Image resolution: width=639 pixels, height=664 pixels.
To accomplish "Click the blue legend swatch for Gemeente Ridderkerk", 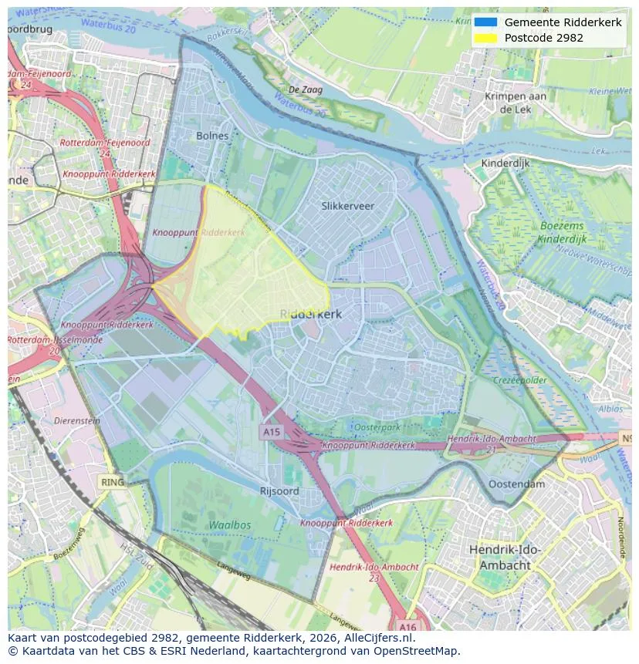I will [485, 22].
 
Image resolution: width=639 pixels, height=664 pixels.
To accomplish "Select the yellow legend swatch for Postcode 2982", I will [485, 38].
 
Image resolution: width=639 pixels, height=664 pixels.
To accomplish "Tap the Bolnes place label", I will [212, 136].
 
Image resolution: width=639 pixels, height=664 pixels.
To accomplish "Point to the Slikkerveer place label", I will [347, 206].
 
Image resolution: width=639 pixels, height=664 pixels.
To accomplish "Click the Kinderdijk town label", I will [505, 163].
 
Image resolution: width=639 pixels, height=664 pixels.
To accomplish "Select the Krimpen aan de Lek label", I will [516, 103].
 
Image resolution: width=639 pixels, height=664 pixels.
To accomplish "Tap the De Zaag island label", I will [306, 90].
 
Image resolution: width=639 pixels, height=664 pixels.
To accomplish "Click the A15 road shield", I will [271, 433].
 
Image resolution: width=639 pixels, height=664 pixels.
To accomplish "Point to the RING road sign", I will [112, 482].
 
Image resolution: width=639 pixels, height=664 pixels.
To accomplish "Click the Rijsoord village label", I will [279, 491].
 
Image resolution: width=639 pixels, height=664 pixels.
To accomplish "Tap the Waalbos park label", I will [229, 525].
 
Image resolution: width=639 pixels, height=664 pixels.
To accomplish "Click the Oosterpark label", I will [376, 427].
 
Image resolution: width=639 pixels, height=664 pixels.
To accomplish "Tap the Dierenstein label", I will [77, 421].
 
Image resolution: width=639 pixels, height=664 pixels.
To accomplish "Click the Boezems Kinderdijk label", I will [552, 232].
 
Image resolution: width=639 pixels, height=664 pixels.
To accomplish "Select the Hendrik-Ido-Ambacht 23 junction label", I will [374, 571].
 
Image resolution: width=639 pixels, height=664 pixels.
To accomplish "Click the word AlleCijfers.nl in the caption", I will [376, 638].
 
